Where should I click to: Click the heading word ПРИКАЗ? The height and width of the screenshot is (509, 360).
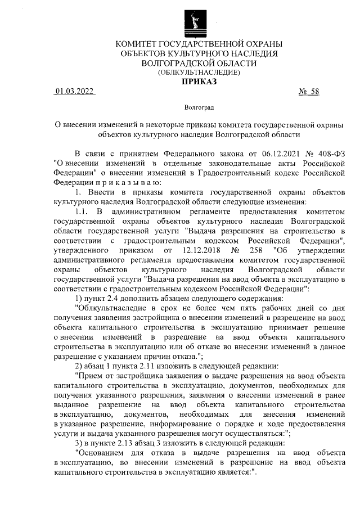(x=198, y=82)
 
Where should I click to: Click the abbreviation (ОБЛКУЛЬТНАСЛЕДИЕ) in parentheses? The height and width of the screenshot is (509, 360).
(x=199, y=72)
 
